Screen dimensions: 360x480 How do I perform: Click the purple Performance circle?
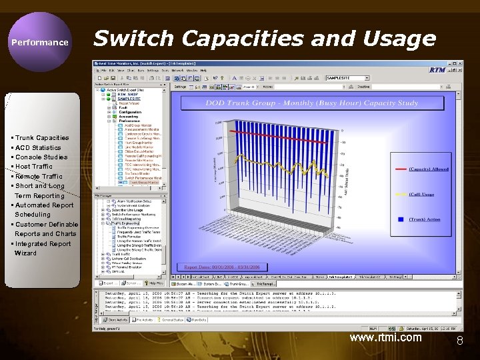pos(39,42)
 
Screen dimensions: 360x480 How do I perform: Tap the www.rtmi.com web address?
pos(385,337)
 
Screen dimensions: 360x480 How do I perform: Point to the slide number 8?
pos(459,341)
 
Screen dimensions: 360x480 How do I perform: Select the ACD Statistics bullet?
pos(38,147)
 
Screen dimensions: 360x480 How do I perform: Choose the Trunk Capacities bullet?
pos(42,138)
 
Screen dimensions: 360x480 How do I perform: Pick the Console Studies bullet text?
pos(41,157)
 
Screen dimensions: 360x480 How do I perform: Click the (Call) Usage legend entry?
pos(430,195)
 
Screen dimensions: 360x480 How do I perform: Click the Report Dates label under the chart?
pos(219,266)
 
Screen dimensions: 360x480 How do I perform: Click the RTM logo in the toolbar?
pos(437,69)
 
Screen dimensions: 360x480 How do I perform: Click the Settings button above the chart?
pos(180,86)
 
